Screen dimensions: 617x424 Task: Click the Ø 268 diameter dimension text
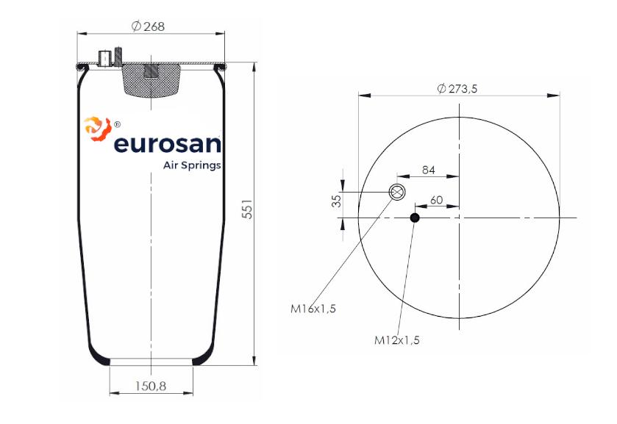[148, 26]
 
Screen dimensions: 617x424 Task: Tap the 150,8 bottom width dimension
[151, 386]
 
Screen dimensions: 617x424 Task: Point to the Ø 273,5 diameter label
[457, 88]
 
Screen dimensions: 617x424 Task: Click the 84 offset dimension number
[429, 170]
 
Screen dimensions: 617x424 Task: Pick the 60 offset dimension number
[436, 200]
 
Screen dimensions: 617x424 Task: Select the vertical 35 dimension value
[337, 201]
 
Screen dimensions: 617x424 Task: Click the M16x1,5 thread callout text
[313, 309]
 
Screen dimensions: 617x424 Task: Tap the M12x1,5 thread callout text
[397, 339]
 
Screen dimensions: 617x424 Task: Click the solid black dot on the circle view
[415, 218]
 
